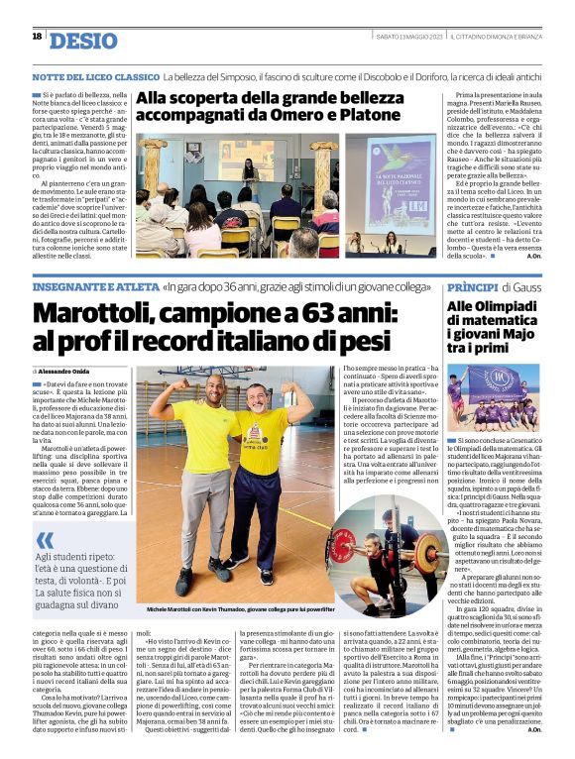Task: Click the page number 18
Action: (x=37, y=37)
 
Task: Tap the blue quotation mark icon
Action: (x=46, y=541)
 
